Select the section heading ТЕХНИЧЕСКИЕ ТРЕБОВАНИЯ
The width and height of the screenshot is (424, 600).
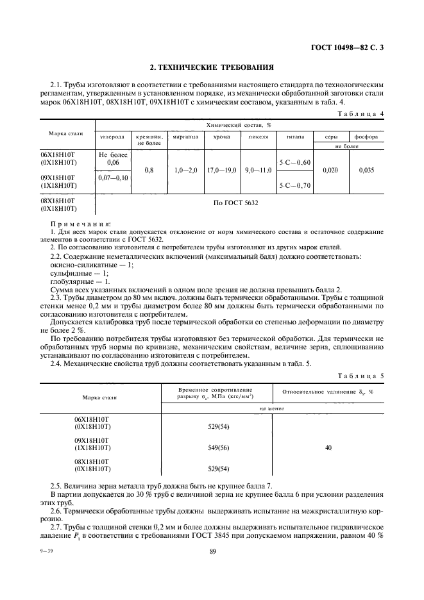pyautogui.click(x=212, y=66)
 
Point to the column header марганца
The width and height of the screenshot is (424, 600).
pyautogui.click(x=187, y=137)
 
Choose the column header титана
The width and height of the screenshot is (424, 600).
pyautogui.click(x=294, y=137)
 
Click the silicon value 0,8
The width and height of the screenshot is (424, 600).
pyautogui.click(x=149, y=171)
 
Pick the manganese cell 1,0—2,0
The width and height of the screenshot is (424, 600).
pyautogui.click(x=187, y=171)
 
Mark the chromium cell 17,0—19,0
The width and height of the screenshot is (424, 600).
pyautogui.click(x=223, y=171)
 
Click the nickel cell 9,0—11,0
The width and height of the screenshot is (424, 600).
pyautogui.click(x=259, y=171)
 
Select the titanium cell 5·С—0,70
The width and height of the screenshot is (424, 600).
pyautogui.click(x=294, y=185)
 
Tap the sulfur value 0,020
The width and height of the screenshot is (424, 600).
pyautogui.click(x=331, y=171)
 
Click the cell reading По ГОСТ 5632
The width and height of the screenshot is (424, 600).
pyautogui.click(x=238, y=204)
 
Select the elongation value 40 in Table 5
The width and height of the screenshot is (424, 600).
pyautogui.click(x=328, y=447)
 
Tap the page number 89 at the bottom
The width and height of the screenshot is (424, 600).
pyautogui.click(x=212, y=577)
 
